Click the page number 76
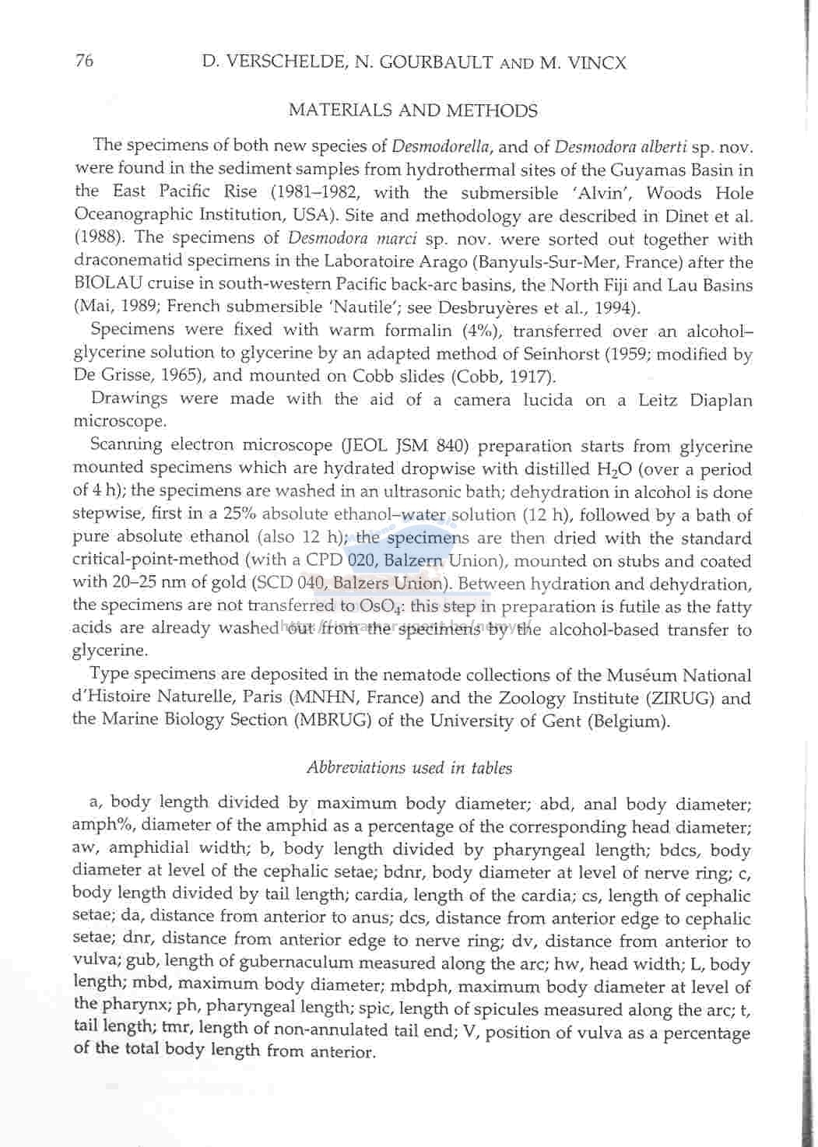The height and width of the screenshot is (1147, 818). [84, 61]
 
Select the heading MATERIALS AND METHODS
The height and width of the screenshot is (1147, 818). [413, 110]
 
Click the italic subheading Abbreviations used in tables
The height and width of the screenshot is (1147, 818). [409, 768]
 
